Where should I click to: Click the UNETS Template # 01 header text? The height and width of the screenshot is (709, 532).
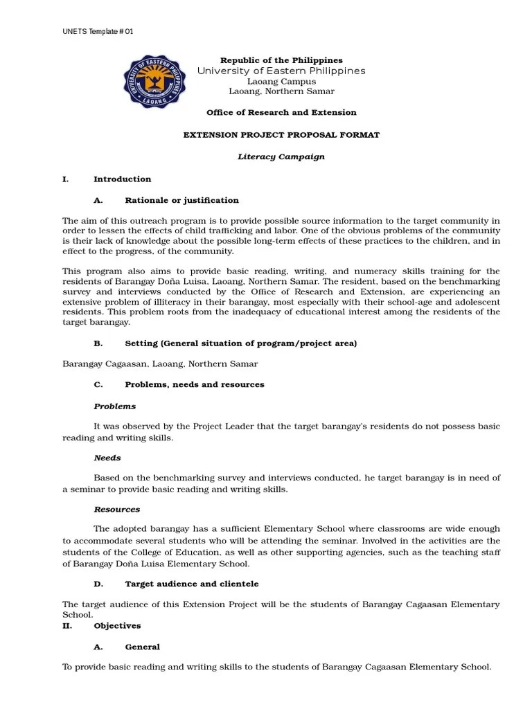click(98, 32)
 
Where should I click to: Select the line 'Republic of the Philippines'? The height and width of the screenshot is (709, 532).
click(281, 60)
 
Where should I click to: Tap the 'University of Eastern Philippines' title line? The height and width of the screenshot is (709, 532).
click(281, 71)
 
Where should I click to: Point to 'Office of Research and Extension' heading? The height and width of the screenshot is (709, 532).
click(281, 112)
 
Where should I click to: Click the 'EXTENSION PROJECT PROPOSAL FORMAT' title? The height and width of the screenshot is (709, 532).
click(281, 135)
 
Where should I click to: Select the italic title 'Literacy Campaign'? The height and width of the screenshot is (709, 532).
click(281, 156)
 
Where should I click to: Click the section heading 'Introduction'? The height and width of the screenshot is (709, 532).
click(122, 179)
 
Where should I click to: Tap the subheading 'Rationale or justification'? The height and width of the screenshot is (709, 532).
click(181, 200)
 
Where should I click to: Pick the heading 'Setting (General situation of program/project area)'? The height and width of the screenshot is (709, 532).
click(241, 343)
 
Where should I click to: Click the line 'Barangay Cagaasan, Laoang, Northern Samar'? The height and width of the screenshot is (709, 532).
click(160, 364)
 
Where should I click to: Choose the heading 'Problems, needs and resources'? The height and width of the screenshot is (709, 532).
click(195, 384)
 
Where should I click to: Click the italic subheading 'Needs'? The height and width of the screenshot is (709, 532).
click(107, 458)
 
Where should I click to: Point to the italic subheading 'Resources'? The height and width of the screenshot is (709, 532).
click(116, 509)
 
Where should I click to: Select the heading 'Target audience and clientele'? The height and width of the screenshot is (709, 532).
click(192, 584)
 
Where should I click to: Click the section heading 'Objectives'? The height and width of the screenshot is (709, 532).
click(117, 625)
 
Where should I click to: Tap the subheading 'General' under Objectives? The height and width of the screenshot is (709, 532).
click(142, 647)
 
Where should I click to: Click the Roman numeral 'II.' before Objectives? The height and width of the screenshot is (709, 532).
click(66, 625)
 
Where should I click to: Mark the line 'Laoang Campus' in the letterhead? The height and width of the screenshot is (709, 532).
click(281, 81)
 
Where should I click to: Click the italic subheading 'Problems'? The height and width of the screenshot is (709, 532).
click(114, 406)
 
